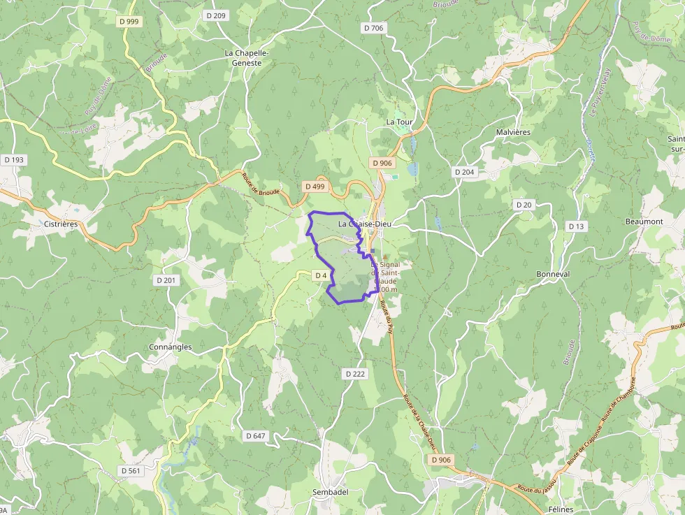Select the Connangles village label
(x=170, y=347)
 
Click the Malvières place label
(x=513, y=132)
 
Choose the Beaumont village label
(x=644, y=221)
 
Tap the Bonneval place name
(x=553, y=274)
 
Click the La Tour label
(x=400, y=122)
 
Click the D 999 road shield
(x=129, y=22)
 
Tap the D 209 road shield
(x=216, y=15)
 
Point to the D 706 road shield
(x=373, y=28)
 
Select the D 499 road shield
(x=316, y=187)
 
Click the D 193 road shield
(x=13, y=160)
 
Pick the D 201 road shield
(x=166, y=280)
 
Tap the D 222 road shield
(x=355, y=374)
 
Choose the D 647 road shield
(x=256, y=435)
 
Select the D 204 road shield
(x=464, y=172)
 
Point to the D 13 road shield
(x=576, y=226)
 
